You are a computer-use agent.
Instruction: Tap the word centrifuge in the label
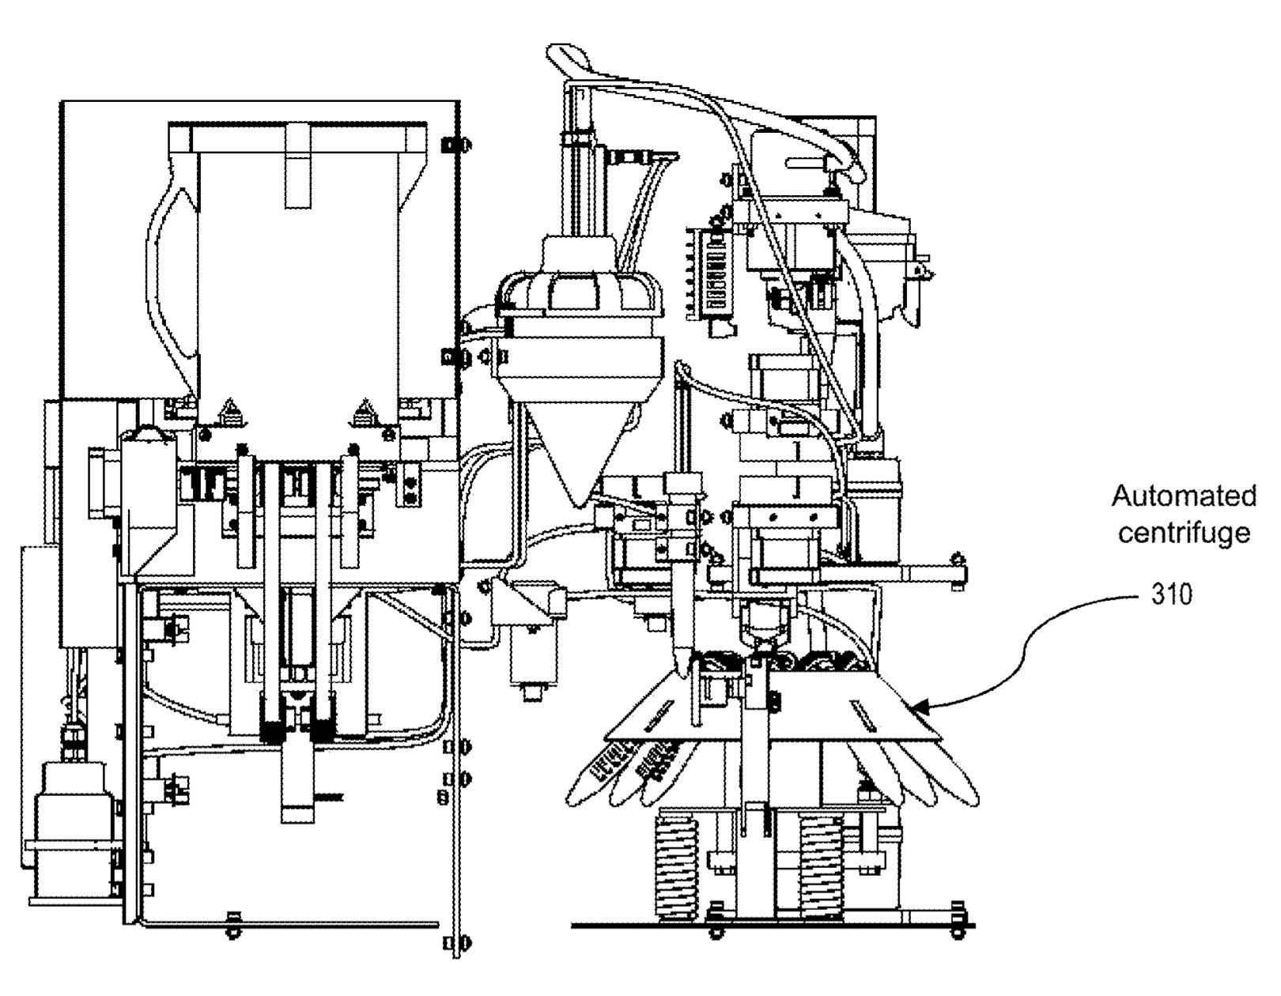click(x=1184, y=534)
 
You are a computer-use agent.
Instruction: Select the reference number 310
click(x=1172, y=594)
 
